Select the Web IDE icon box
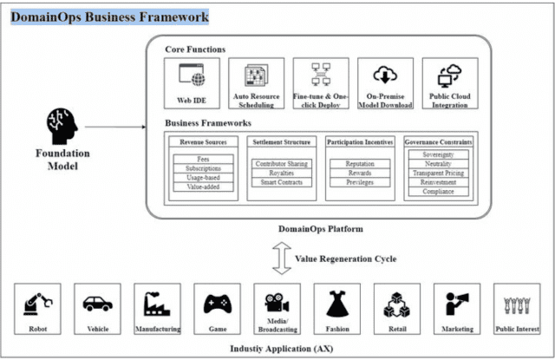192,75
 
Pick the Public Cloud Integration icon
449,75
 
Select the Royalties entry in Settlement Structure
276,173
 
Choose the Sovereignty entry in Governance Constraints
441,155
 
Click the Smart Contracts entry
276,182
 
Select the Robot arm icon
37,303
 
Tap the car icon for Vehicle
95,304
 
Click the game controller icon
216,304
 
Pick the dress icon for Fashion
336,303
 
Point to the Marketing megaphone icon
456,303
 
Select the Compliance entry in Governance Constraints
441,193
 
